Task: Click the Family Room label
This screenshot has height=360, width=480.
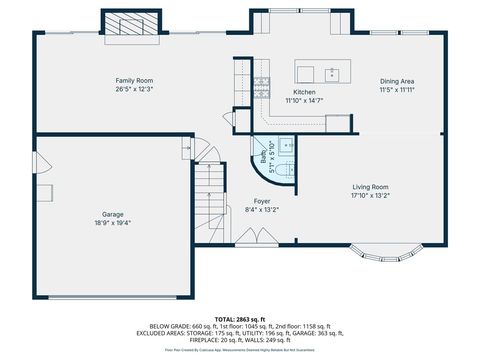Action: point(133,80)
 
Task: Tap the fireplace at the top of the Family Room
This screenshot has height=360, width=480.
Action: point(131,23)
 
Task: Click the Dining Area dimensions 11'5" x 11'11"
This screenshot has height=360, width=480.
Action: point(397,90)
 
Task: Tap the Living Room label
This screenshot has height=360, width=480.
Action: point(369,187)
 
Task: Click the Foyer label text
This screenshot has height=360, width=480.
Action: point(261,201)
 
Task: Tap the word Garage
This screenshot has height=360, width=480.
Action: point(113,214)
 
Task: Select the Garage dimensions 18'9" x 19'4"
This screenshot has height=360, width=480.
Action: point(113,223)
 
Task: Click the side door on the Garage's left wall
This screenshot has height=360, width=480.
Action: point(37,162)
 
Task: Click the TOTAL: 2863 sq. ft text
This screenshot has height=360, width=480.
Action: point(240,317)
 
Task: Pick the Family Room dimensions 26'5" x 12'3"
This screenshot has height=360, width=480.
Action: point(133,89)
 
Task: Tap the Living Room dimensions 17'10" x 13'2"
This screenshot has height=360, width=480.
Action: point(369,196)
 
